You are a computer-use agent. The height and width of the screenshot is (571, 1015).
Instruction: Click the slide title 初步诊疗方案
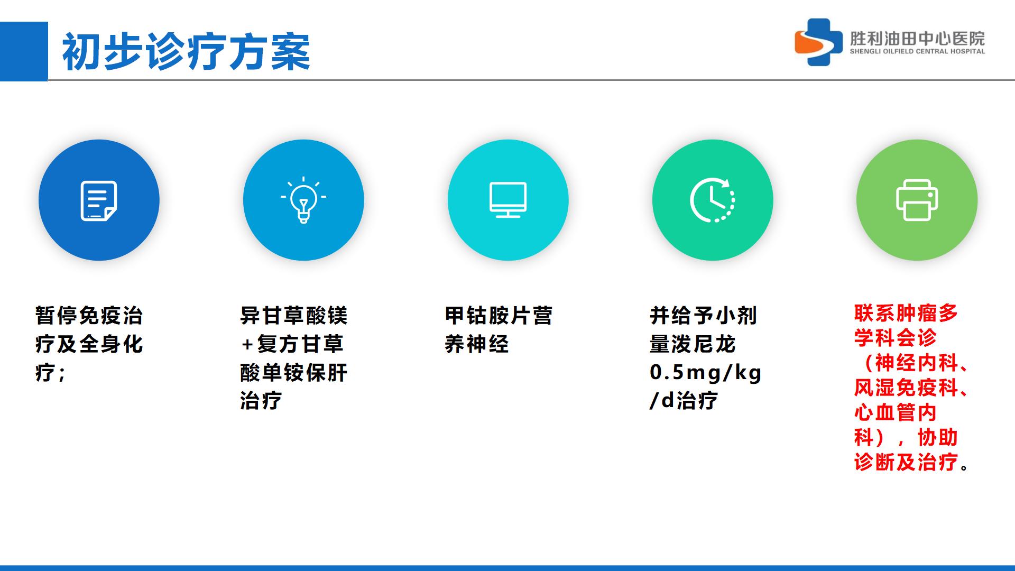(x=186, y=52)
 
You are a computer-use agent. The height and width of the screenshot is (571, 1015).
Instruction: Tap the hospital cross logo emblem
(x=818, y=42)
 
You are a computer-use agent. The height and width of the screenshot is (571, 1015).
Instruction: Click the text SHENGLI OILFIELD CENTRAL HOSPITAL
(x=917, y=52)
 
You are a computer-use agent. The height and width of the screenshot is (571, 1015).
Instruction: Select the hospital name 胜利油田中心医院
(x=917, y=38)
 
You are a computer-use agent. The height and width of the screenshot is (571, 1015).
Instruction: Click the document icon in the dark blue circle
(x=99, y=201)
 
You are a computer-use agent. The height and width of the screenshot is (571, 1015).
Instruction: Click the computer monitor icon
(x=508, y=200)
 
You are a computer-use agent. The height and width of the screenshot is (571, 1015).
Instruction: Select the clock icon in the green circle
(x=713, y=200)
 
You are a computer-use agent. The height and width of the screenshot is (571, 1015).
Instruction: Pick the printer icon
(x=917, y=200)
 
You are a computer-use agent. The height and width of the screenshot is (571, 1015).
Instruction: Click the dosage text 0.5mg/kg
(x=706, y=373)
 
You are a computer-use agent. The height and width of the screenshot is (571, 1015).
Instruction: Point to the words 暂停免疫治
(x=89, y=316)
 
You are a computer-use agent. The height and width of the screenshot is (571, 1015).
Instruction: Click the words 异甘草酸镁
(x=294, y=316)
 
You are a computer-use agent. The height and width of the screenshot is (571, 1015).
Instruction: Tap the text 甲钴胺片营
(x=499, y=316)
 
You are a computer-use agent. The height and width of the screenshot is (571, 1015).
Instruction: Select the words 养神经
(x=477, y=344)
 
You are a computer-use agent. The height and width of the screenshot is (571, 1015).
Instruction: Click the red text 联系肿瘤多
(x=906, y=313)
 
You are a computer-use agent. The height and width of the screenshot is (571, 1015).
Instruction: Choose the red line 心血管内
(x=896, y=412)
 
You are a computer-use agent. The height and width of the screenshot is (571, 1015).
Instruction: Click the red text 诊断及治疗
(x=906, y=462)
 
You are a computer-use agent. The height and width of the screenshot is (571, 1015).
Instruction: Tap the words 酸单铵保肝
(x=294, y=373)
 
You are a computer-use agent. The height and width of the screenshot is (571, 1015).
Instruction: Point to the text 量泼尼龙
(x=693, y=344)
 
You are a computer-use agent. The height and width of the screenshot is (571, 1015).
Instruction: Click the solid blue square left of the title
(x=24, y=51)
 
